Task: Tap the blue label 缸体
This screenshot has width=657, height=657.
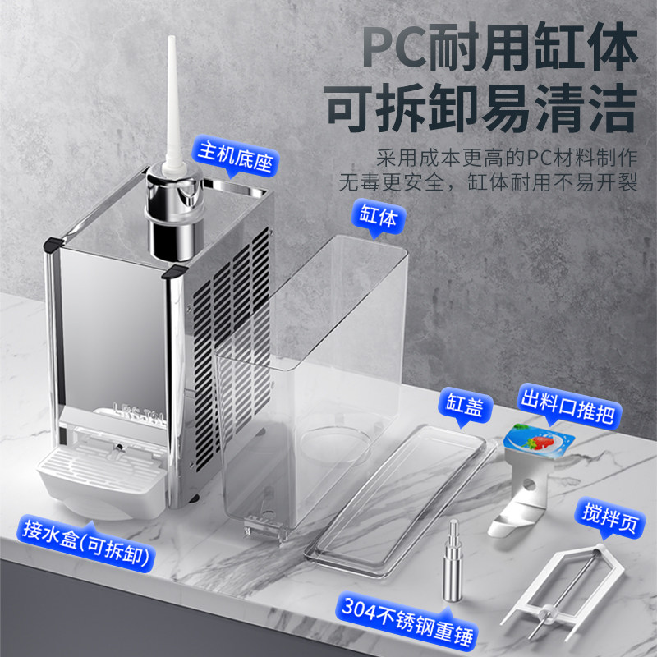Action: coord(377,218)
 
